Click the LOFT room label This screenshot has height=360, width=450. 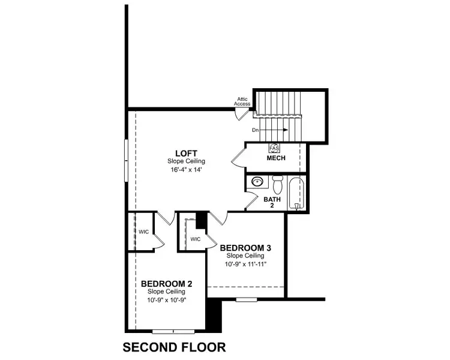click(x=187, y=154)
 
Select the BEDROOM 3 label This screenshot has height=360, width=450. click(x=247, y=248)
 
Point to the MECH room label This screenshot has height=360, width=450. click(x=276, y=158)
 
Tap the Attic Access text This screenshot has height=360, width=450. click(x=242, y=101)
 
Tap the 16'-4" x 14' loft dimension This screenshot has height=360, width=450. click(x=187, y=170)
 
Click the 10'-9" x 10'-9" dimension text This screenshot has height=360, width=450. click(x=167, y=299)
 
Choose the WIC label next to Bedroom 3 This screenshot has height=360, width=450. click(x=195, y=239)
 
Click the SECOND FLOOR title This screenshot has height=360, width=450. click(x=174, y=347)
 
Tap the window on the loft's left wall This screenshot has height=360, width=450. click(x=126, y=159)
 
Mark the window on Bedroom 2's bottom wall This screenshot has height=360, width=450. click(x=172, y=332)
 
